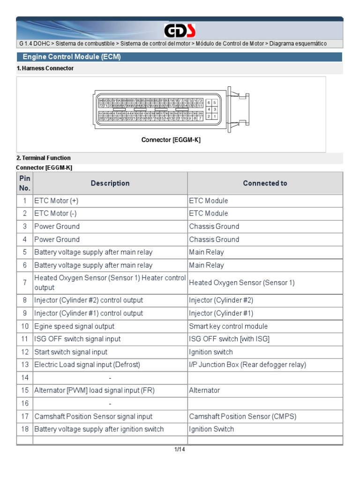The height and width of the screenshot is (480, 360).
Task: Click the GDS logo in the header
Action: click(180, 31)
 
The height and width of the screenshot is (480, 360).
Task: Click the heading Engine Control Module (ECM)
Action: click(72, 57)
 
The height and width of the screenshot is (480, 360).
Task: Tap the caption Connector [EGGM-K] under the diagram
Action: click(171, 140)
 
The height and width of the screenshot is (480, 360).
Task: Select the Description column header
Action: click(110, 183)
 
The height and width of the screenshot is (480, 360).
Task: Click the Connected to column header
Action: click(265, 183)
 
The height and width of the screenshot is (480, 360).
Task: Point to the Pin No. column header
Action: click(25, 183)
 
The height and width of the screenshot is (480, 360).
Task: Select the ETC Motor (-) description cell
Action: click(54, 213)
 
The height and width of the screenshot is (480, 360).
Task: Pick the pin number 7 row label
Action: click(25, 283)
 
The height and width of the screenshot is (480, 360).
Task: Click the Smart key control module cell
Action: click(228, 326)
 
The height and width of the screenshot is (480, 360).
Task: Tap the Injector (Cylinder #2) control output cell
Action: click(89, 300)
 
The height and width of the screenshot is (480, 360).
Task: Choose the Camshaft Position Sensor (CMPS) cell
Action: click(243, 416)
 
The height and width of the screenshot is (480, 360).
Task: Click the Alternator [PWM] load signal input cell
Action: click(94, 390)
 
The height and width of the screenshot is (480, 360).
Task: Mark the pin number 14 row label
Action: click(25, 377)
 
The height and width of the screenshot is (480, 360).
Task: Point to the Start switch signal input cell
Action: click(71, 352)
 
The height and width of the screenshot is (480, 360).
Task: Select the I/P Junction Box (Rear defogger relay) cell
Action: click(247, 365)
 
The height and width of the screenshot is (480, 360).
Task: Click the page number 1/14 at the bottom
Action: click(180, 450)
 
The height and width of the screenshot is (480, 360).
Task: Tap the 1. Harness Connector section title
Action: click(45, 68)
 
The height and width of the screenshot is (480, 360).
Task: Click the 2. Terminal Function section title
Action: click(44, 158)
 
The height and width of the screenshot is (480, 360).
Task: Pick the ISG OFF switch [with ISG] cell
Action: click(229, 339)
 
